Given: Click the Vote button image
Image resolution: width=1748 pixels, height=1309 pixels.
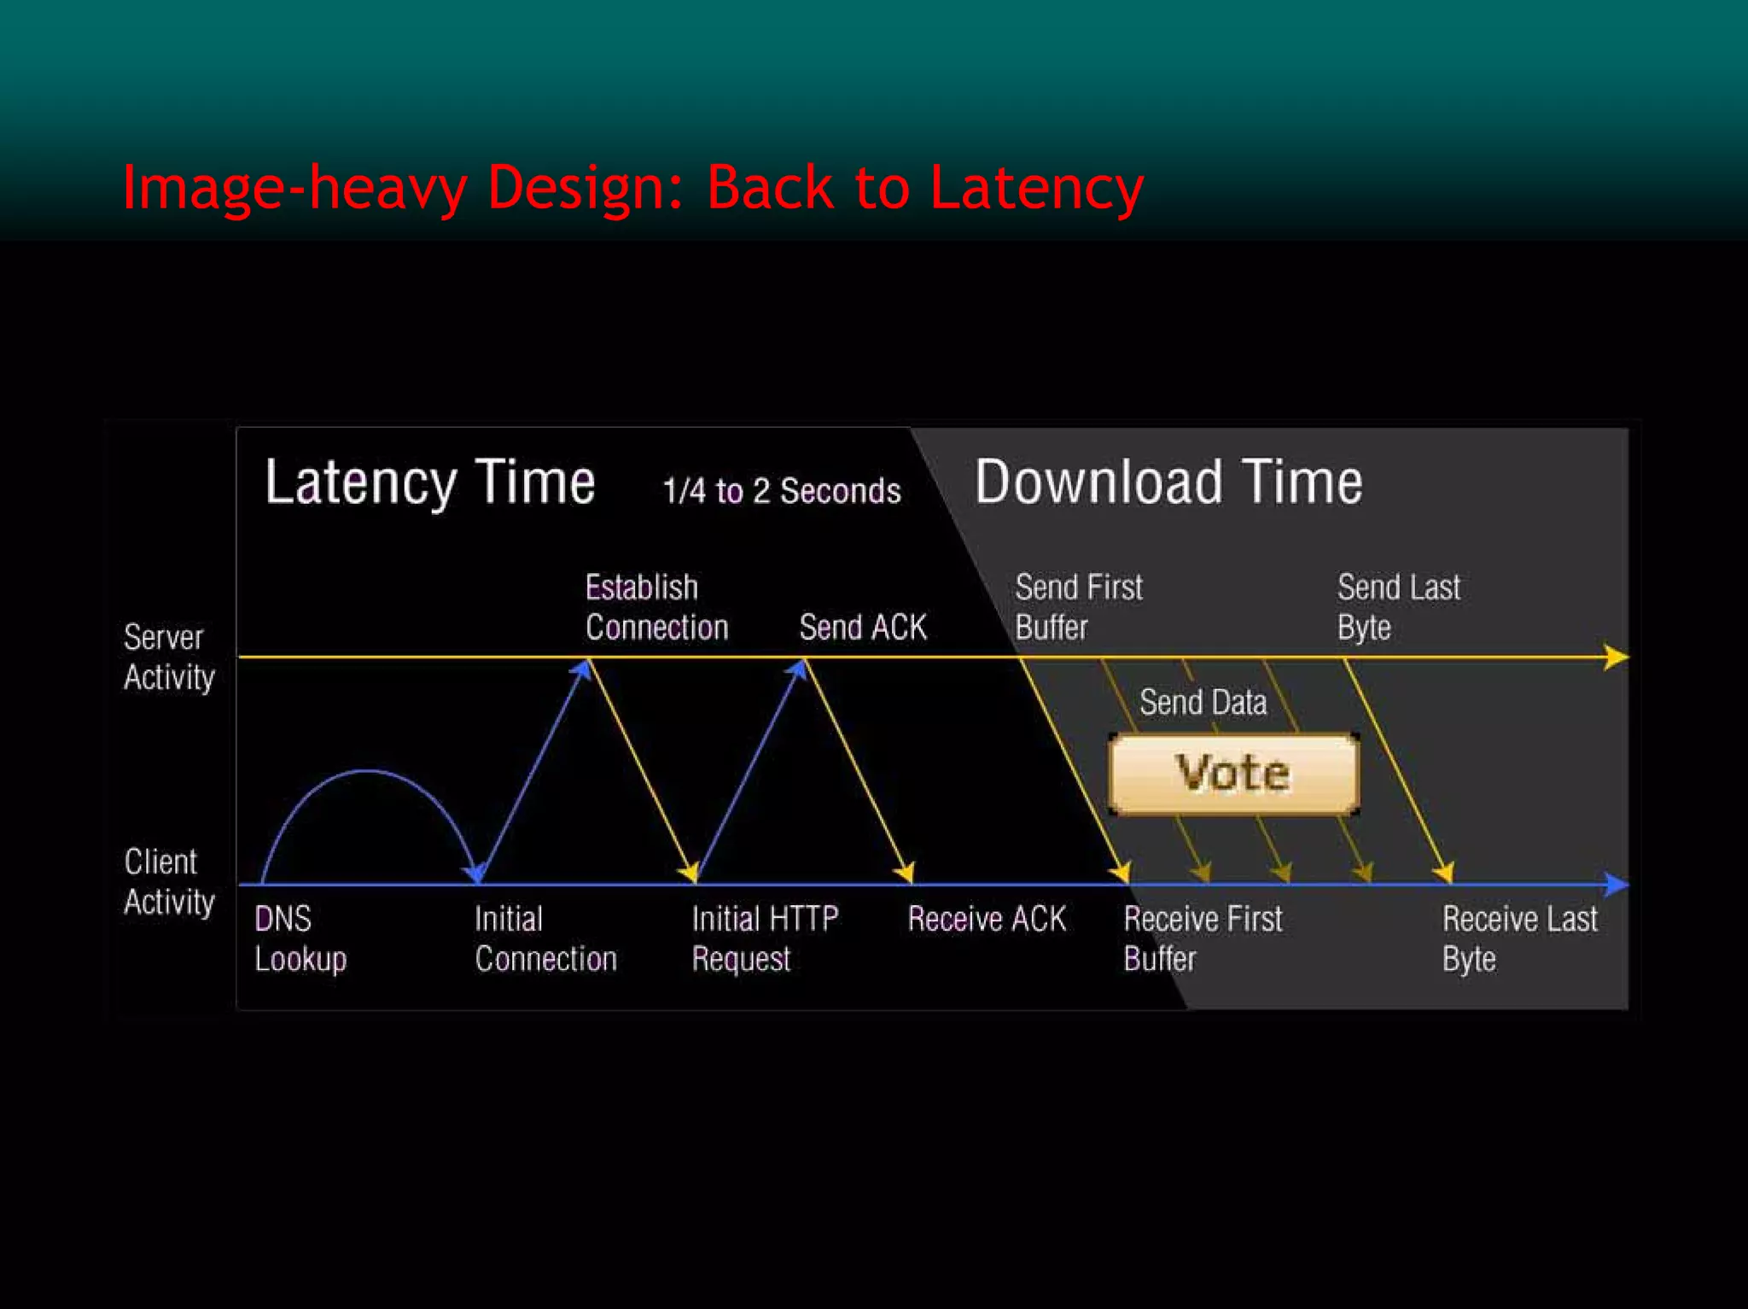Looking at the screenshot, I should (x=1233, y=774).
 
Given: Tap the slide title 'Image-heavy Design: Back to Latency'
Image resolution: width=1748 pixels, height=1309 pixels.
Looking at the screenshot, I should (x=632, y=188).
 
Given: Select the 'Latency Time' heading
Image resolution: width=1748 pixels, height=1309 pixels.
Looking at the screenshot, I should (x=430, y=483).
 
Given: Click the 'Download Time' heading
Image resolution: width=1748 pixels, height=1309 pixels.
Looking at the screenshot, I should (x=1168, y=482).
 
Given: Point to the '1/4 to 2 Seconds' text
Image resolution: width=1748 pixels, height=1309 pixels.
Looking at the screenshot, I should (x=782, y=491).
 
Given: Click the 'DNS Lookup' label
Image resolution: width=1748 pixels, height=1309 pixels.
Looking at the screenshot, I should (x=300, y=938).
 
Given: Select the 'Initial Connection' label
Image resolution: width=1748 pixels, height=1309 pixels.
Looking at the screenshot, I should (x=545, y=938).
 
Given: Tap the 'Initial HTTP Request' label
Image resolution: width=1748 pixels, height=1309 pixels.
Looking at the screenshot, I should (x=765, y=938).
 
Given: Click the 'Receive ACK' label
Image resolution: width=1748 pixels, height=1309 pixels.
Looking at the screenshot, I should (x=987, y=920).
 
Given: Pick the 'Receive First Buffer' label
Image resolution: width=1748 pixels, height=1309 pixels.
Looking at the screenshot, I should (x=1203, y=938).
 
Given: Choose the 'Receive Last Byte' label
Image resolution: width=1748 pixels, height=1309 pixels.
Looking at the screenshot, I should (x=1519, y=938).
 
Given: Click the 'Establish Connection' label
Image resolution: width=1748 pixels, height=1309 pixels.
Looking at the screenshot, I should (x=656, y=607).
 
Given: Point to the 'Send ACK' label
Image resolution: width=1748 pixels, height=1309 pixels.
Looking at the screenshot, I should (x=863, y=628).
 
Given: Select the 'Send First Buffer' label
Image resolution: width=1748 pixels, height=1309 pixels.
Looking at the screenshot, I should (x=1078, y=607).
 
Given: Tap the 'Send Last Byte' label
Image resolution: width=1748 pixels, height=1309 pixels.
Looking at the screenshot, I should (x=1398, y=607).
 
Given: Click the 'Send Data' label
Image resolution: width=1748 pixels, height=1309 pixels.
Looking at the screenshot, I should (x=1203, y=703).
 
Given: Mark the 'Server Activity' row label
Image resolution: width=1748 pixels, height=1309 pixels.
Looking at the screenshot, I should (x=169, y=657).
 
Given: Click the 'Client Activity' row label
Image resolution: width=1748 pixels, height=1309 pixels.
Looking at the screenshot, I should (x=169, y=882).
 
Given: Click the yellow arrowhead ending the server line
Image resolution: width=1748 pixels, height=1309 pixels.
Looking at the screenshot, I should (x=1616, y=657).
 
